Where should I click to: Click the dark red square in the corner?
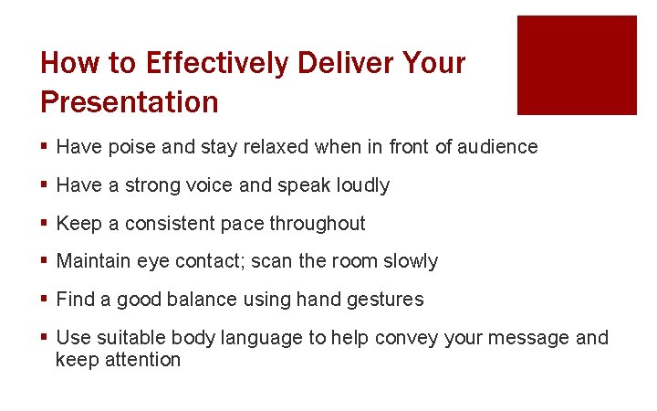(x=577, y=65)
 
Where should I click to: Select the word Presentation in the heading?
(x=130, y=101)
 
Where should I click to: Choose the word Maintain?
(x=95, y=261)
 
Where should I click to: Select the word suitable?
(x=125, y=338)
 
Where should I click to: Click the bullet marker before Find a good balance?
(x=45, y=300)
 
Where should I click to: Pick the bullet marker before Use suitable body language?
(x=45, y=338)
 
